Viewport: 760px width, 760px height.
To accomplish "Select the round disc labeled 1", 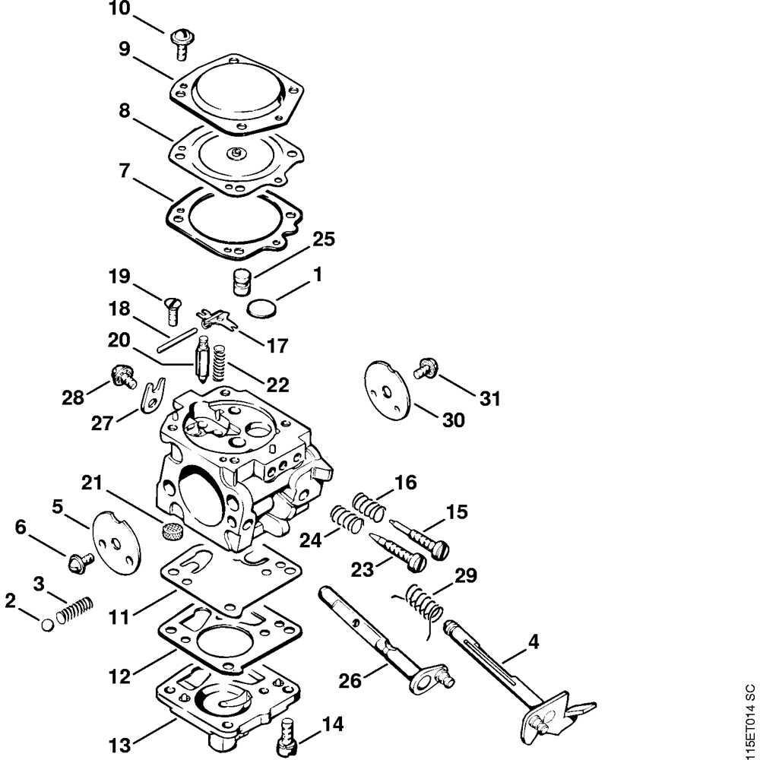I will pos(261,308).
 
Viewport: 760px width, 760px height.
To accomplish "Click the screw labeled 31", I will pos(424,370).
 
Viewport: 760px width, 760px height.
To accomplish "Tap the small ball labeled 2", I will pos(47,624).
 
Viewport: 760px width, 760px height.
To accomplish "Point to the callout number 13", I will pos(120,743).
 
